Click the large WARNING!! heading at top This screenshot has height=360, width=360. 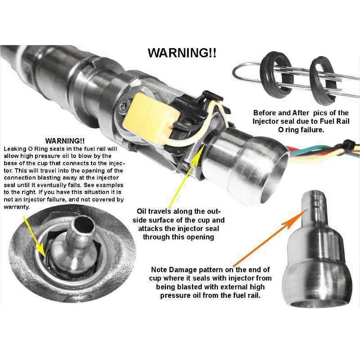click(182, 53)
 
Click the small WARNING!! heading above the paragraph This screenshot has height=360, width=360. click(65, 141)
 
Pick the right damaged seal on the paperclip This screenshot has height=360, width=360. click(323, 81)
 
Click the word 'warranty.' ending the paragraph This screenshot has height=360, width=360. click(17, 207)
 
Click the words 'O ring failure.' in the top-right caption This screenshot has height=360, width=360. click(301, 130)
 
